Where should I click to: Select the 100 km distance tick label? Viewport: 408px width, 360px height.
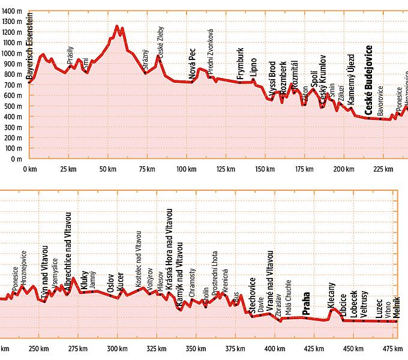(x=187, y=169)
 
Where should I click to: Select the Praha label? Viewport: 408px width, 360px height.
(x=307, y=304)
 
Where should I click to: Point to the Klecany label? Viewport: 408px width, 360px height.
(x=332, y=296)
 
